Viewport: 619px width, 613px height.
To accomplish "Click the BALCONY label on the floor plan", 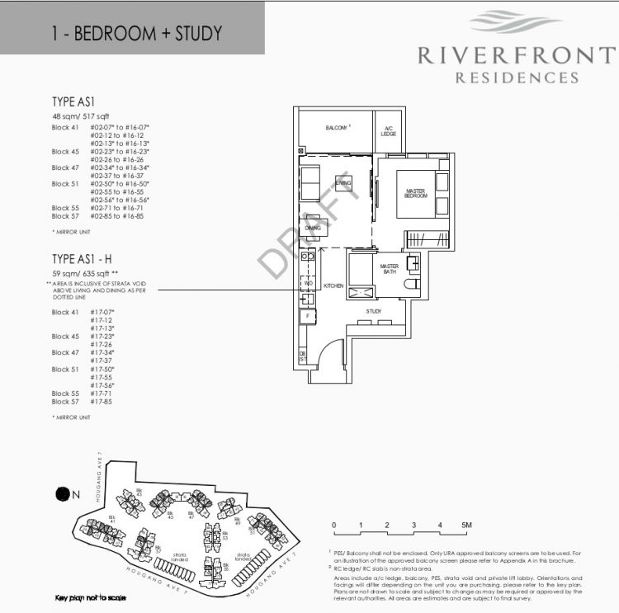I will click(335, 128).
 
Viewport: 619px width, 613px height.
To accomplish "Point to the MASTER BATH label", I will click(389, 270).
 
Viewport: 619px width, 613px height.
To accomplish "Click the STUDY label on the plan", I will click(374, 311).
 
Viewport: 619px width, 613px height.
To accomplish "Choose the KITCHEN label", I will click(333, 285).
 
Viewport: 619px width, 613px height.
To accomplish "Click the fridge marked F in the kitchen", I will click(307, 315).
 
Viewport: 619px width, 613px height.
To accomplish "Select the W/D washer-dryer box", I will click(307, 283).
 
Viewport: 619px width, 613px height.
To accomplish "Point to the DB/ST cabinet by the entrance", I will click(303, 356).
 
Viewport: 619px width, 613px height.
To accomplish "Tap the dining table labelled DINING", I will click(313, 228).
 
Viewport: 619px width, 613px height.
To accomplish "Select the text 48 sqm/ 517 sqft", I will click(84, 117).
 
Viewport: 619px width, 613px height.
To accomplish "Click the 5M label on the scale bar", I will click(466, 526).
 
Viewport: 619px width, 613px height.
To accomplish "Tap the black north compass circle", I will click(62, 494).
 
